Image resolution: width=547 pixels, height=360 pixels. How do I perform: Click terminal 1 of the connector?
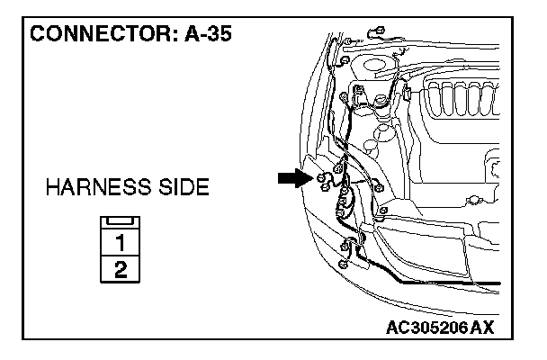pos(120,242)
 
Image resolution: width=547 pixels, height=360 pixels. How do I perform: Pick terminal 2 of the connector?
pos(120,268)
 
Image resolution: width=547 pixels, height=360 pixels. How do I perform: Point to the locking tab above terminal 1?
pos(120,222)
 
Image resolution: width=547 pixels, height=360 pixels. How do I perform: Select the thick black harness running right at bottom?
pos(432,281)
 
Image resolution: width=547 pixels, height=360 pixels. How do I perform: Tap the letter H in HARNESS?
pos(52,189)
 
